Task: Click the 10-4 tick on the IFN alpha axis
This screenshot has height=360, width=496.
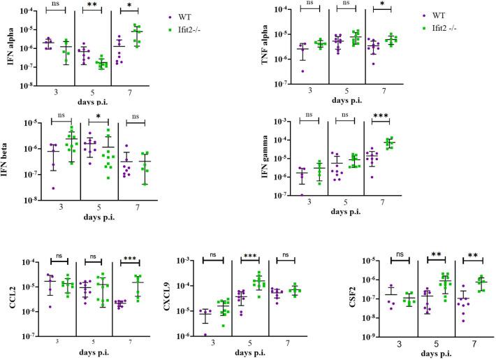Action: pos(27,10)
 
